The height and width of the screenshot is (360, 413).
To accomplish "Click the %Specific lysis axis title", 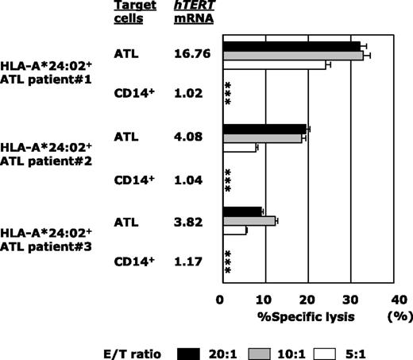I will pyautogui.click(x=295, y=315).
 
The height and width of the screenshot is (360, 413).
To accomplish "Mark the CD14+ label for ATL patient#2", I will pyautogui.click(x=133, y=180).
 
